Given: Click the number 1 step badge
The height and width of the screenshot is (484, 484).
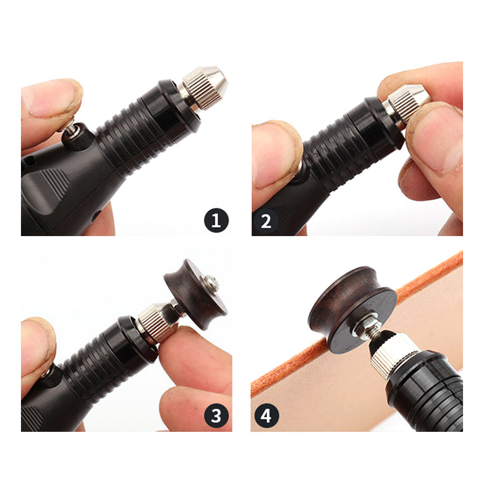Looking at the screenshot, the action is coord(216,220).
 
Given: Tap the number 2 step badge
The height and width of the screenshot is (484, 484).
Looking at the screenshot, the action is coord(266,221).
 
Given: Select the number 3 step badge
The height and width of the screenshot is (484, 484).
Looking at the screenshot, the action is coord(216,415).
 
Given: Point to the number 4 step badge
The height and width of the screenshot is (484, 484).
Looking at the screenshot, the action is coord(266,416).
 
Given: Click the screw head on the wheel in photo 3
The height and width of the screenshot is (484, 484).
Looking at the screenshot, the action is coord(211,283).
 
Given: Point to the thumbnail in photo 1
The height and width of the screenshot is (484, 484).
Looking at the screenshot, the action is coord(46,99).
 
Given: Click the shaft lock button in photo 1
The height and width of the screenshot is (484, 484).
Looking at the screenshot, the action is coord(75,136).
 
